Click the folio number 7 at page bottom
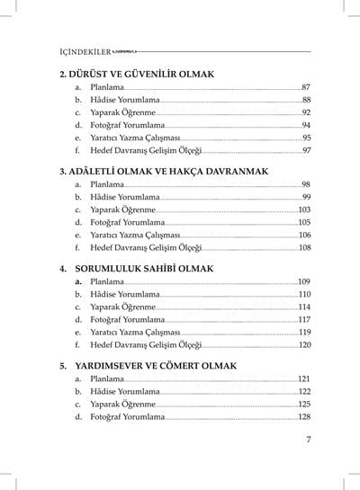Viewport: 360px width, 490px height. (308, 439)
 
